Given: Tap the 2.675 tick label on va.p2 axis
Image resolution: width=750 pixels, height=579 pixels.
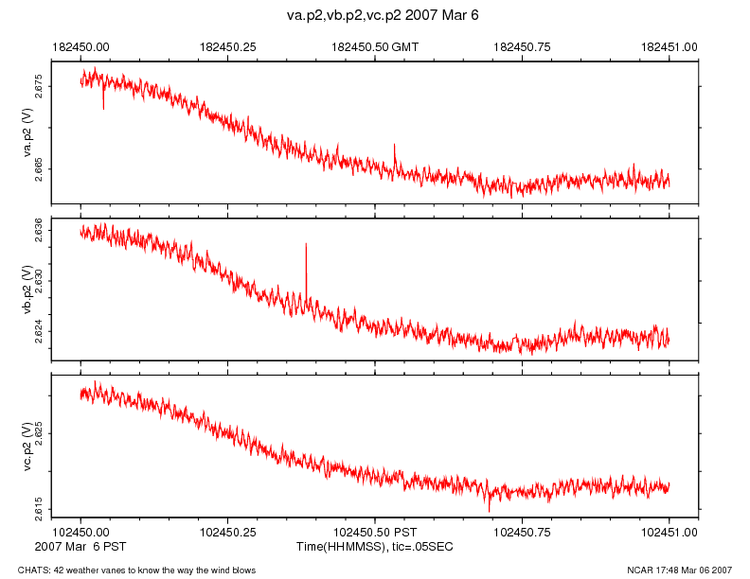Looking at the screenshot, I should pos(39,86).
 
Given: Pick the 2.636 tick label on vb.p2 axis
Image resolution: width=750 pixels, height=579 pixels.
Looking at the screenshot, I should pos(39,228).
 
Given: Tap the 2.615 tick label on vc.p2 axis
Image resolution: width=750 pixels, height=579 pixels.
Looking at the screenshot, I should pos(39,509).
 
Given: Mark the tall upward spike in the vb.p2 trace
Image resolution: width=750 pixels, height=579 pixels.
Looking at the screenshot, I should pos(306,246).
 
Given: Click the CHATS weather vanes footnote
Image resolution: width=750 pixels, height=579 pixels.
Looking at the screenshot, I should pos(129,570).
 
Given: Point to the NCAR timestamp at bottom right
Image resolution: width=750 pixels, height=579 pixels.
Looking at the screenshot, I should pos(679,570).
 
